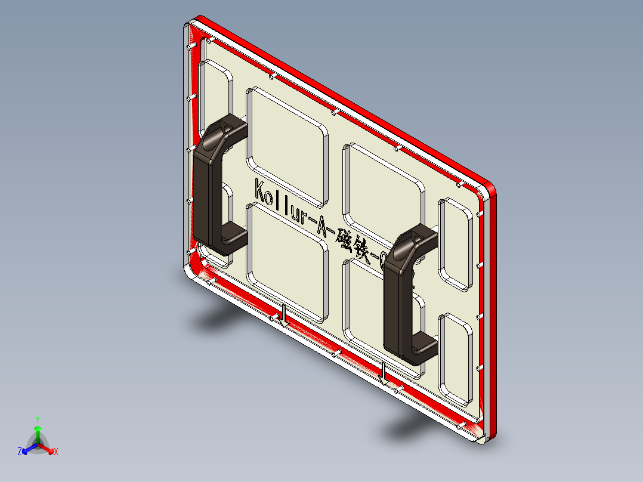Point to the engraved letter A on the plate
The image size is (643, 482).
coord(319,224)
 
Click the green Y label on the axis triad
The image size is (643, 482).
coord(37,419)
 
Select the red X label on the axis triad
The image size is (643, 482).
coord(56,452)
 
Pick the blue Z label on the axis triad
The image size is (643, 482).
coord(19,452)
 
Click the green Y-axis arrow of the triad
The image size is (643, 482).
coord(37,432)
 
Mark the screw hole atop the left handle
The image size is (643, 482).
coord(227,127)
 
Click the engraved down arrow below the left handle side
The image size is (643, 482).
coord(285,316)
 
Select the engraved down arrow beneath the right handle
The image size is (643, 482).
coord(384,373)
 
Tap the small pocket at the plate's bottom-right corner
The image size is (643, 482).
coord(457,358)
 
